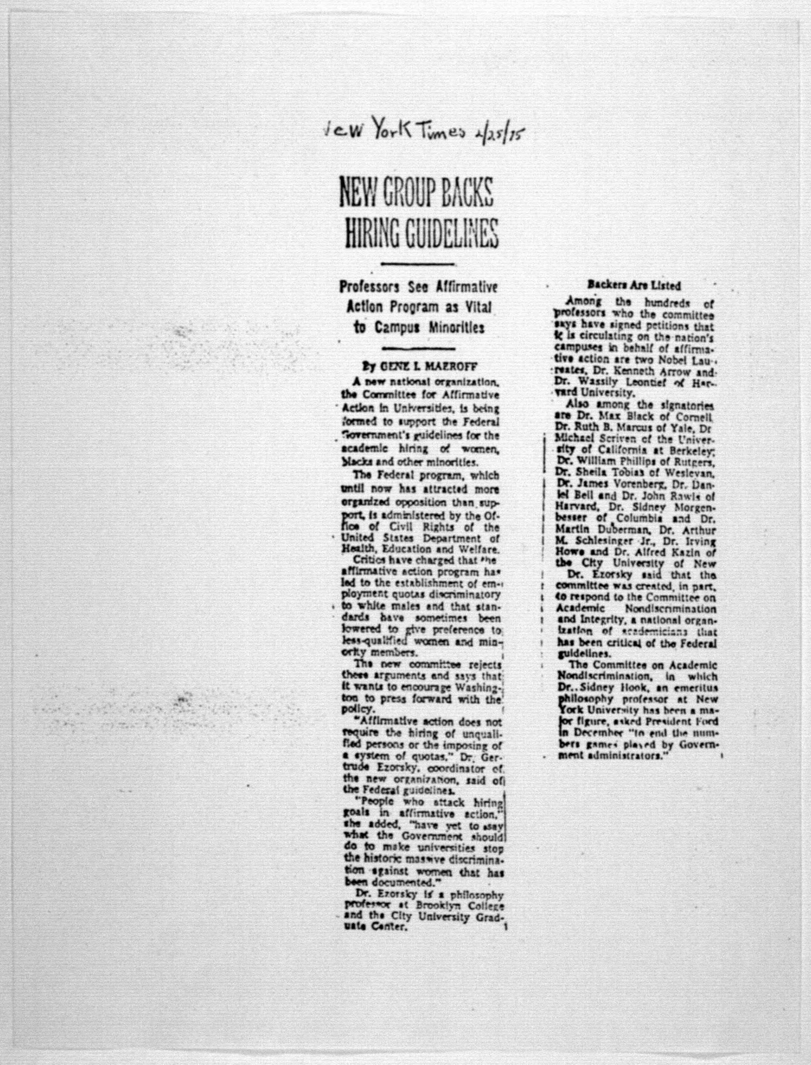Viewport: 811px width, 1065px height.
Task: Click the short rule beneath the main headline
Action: point(418,264)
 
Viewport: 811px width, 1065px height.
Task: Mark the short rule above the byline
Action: point(418,348)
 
